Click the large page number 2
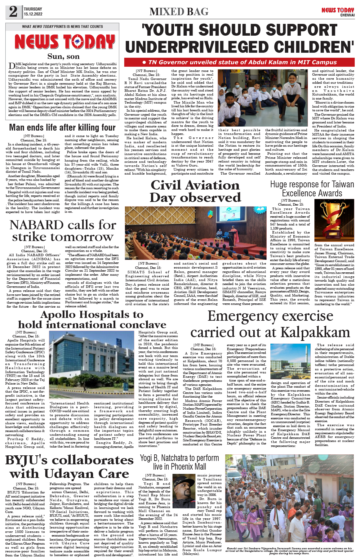pyautogui.click(x=13, y=12)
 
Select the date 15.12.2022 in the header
pyautogui.click(x=33, y=14)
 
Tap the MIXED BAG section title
pyautogui.click(x=179, y=12)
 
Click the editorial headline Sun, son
pyautogui.click(x=63, y=56)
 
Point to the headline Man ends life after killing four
pyautogui.click(x=62, y=127)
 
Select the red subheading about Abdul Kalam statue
pyautogui.click(x=239, y=62)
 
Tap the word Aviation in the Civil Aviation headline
pyautogui.click(x=213, y=185)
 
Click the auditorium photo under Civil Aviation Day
pyautogui.click(x=195, y=233)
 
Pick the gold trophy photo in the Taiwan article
pyautogui.click(x=334, y=221)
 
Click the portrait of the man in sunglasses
pyautogui.click(x=184, y=490)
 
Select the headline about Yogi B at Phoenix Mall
pyautogui.click(x=179, y=462)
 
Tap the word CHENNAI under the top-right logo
pyautogui.click(x=347, y=15)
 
